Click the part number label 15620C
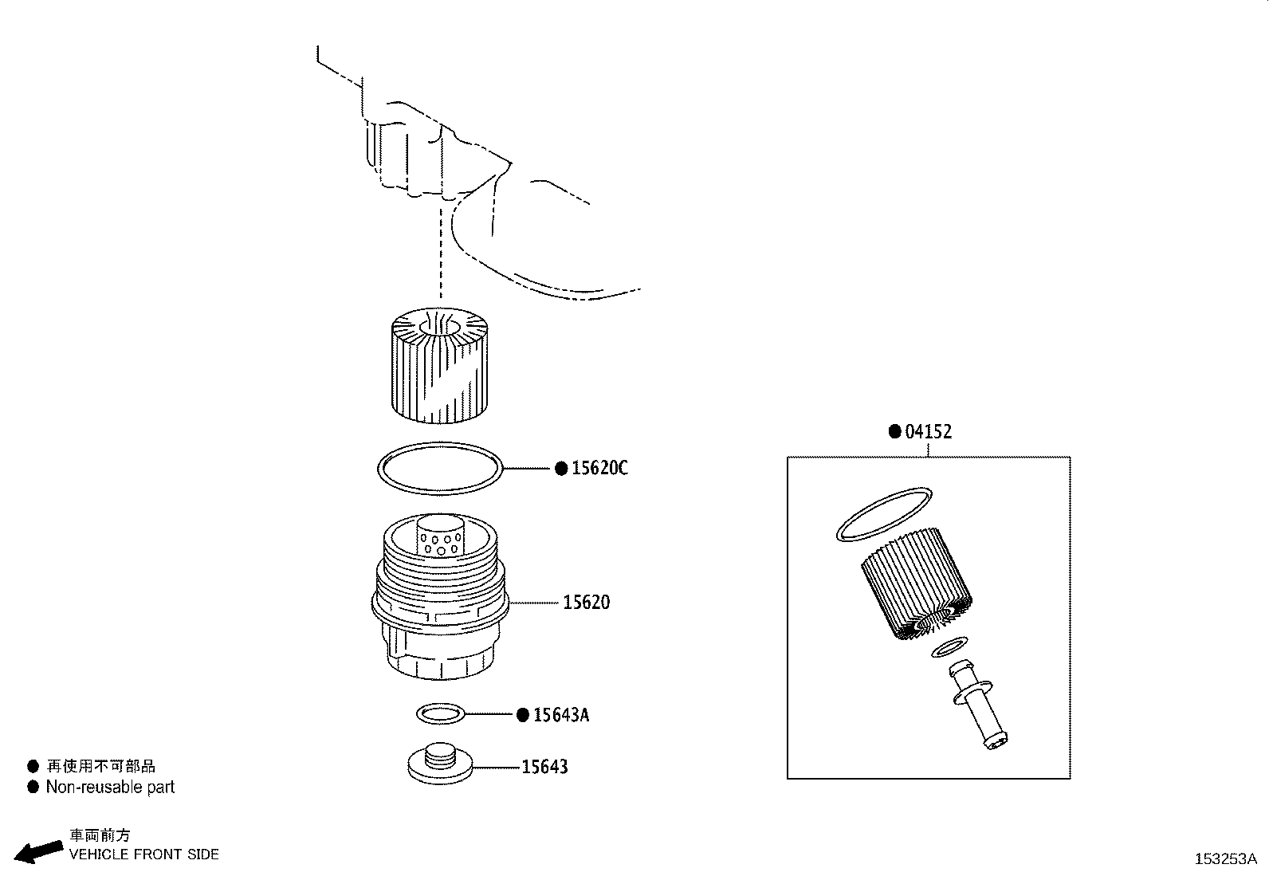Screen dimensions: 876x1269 [599, 468]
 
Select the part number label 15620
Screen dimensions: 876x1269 [586, 602]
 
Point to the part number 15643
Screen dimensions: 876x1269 [544, 767]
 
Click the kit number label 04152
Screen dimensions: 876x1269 [929, 432]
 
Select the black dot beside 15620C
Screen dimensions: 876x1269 [561, 468]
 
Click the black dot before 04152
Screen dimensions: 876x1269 [895, 432]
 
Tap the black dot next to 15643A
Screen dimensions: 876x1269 [523, 715]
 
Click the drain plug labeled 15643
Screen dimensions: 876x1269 [439, 763]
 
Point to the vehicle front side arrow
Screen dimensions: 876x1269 [40, 852]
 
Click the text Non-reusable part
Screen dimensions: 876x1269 [109, 788]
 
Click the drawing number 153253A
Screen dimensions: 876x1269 [1225, 859]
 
